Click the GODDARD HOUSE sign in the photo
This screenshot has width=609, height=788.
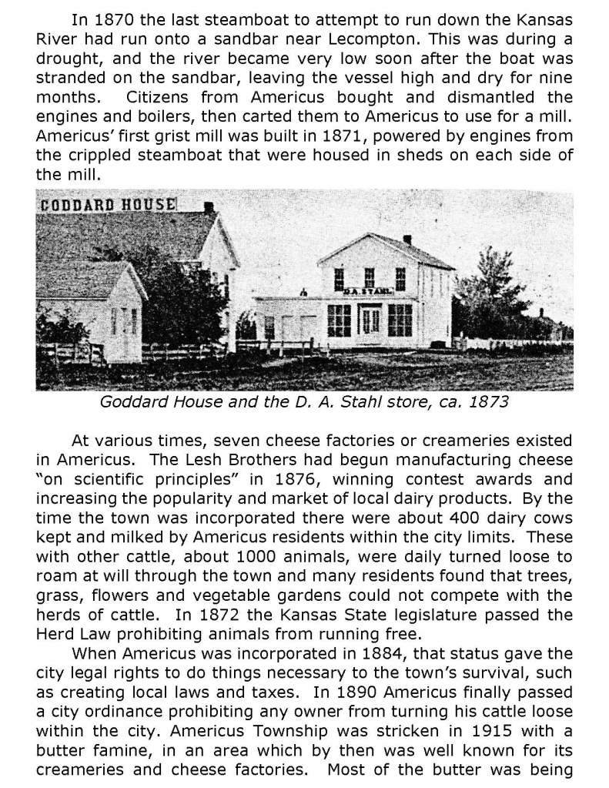107,205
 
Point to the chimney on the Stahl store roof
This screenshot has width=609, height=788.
407,240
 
